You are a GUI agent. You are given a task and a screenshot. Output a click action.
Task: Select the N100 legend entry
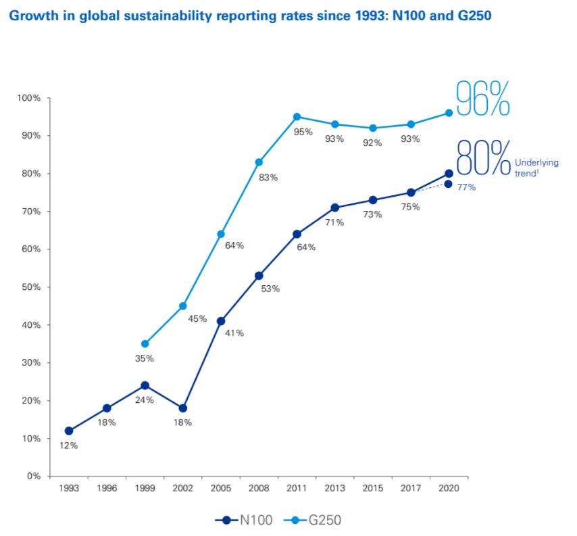(x=246, y=520)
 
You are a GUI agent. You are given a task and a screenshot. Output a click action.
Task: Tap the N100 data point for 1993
(x=69, y=431)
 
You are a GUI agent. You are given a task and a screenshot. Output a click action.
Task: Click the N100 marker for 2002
(x=183, y=408)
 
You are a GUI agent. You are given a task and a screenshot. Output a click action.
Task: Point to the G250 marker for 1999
(x=145, y=344)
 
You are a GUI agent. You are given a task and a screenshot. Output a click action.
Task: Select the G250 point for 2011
(x=297, y=117)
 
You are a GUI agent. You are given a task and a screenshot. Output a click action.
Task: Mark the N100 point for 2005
(x=221, y=321)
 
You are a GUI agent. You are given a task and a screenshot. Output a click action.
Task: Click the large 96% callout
(x=482, y=99)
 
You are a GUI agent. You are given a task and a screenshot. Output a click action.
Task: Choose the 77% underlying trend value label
(x=466, y=187)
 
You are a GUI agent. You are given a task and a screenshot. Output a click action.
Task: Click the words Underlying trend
(x=536, y=167)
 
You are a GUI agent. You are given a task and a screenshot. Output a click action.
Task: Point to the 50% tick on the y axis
(x=31, y=287)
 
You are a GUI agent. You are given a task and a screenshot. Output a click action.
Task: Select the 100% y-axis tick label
(x=29, y=98)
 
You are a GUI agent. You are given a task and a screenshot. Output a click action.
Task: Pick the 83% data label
(x=269, y=177)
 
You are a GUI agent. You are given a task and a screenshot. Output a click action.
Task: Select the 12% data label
(x=69, y=445)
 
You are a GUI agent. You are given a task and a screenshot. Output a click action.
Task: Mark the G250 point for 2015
(x=372, y=128)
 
